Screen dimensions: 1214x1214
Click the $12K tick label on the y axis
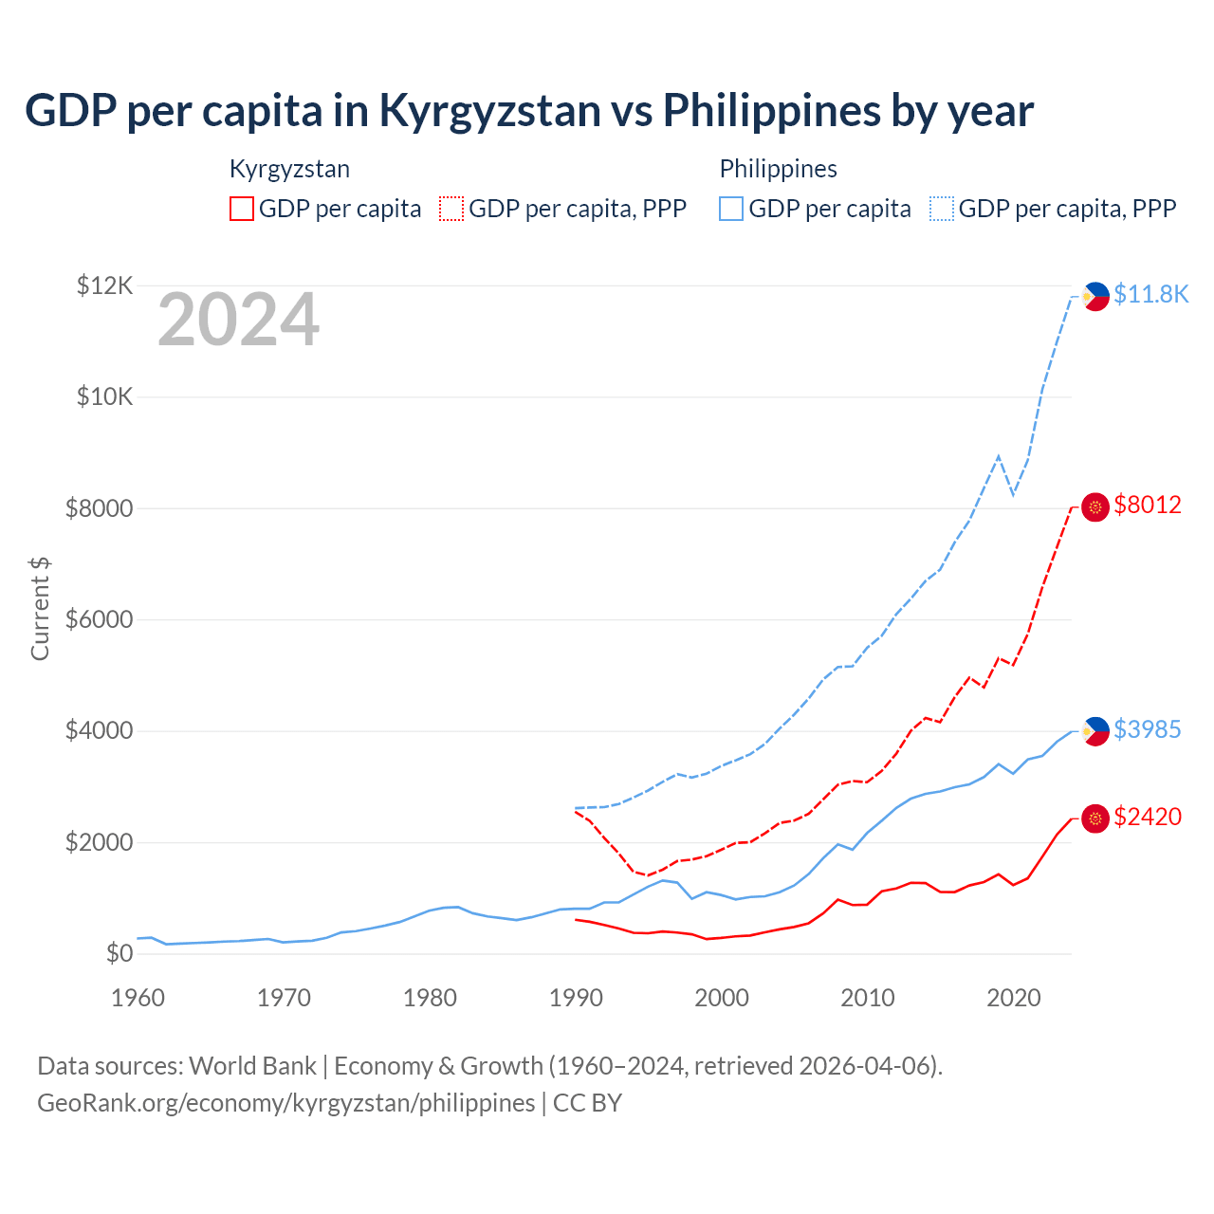pyautogui.click(x=104, y=285)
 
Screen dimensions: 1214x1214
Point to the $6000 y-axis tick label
pyautogui.click(x=99, y=620)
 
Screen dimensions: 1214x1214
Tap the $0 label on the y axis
pyautogui.click(x=119, y=954)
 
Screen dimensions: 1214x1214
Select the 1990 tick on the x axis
pyautogui.click(x=576, y=998)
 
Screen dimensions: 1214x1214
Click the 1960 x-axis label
pyautogui.click(x=138, y=998)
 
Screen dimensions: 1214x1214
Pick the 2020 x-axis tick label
pyautogui.click(x=1014, y=998)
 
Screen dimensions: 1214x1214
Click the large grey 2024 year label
pyautogui.click(x=238, y=321)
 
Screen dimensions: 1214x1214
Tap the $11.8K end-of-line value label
pyautogui.click(x=1150, y=294)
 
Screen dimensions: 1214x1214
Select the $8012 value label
pyautogui.click(x=1148, y=505)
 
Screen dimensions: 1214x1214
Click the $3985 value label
pyautogui.click(x=1148, y=729)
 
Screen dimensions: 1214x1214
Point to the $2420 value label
pyautogui.click(x=1148, y=817)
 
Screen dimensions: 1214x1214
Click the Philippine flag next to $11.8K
pyautogui.click(x=1095, y=296)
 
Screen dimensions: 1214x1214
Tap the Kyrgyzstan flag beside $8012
pyautogui.click(x=1095, y=507)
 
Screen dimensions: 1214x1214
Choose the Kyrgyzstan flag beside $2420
pyautogui.click(x=1095, y=819)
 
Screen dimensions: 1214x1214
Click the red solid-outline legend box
pyautogui.click(x=242, y=209)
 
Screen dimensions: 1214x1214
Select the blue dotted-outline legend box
pyautogui.click(x=942, y=209)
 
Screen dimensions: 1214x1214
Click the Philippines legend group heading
pyautogui.click(x=778, y=169)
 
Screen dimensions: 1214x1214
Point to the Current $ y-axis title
pyautogui.click(x=40, y=608)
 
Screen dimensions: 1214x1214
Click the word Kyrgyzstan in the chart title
pyautogui.click(x=489, y=111)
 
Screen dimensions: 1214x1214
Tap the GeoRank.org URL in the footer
pyautogui.click(x=285, y=1103)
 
